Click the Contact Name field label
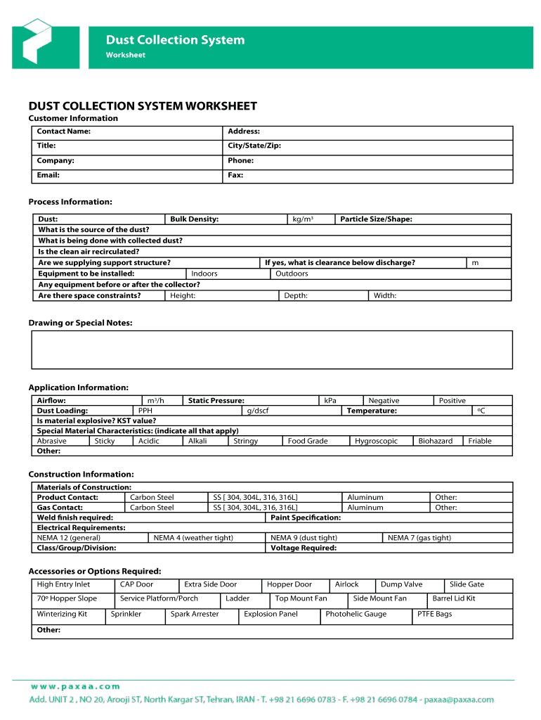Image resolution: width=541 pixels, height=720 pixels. click(63, 131)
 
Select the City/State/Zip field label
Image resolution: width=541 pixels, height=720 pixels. click(254, 146)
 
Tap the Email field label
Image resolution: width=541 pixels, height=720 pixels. click(48, 175)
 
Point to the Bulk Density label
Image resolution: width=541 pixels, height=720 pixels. click(194, 219)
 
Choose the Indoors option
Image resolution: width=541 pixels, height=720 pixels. click(204, 274)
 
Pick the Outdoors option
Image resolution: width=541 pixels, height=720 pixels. click(292, 274)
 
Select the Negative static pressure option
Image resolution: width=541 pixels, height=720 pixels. click(384, 401)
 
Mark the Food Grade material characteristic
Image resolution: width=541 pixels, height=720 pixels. click(308, 441)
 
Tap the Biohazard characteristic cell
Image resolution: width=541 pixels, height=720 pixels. click(436, 441)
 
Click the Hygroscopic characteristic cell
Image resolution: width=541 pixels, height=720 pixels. click(376, 441)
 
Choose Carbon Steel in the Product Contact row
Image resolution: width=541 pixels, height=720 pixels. click(152, 497)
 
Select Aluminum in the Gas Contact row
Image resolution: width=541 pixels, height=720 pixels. click(365, 507)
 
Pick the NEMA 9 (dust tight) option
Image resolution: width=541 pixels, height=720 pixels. click(304, 538)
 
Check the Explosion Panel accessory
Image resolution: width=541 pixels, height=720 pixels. click(270, 614)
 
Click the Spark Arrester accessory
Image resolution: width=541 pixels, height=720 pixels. click(195, 614)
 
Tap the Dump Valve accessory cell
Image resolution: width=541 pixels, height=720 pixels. click(401, 584)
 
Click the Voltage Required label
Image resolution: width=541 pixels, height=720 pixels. click(304, 548)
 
